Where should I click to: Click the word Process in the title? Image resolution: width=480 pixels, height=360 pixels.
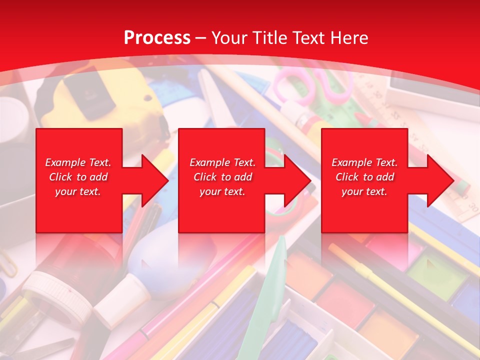157,38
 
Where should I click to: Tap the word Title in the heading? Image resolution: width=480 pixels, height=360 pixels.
268,38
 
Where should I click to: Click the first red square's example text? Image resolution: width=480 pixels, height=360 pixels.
78,177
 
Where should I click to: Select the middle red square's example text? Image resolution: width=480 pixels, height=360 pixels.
222,177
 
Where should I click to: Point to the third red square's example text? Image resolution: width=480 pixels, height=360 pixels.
364,177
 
